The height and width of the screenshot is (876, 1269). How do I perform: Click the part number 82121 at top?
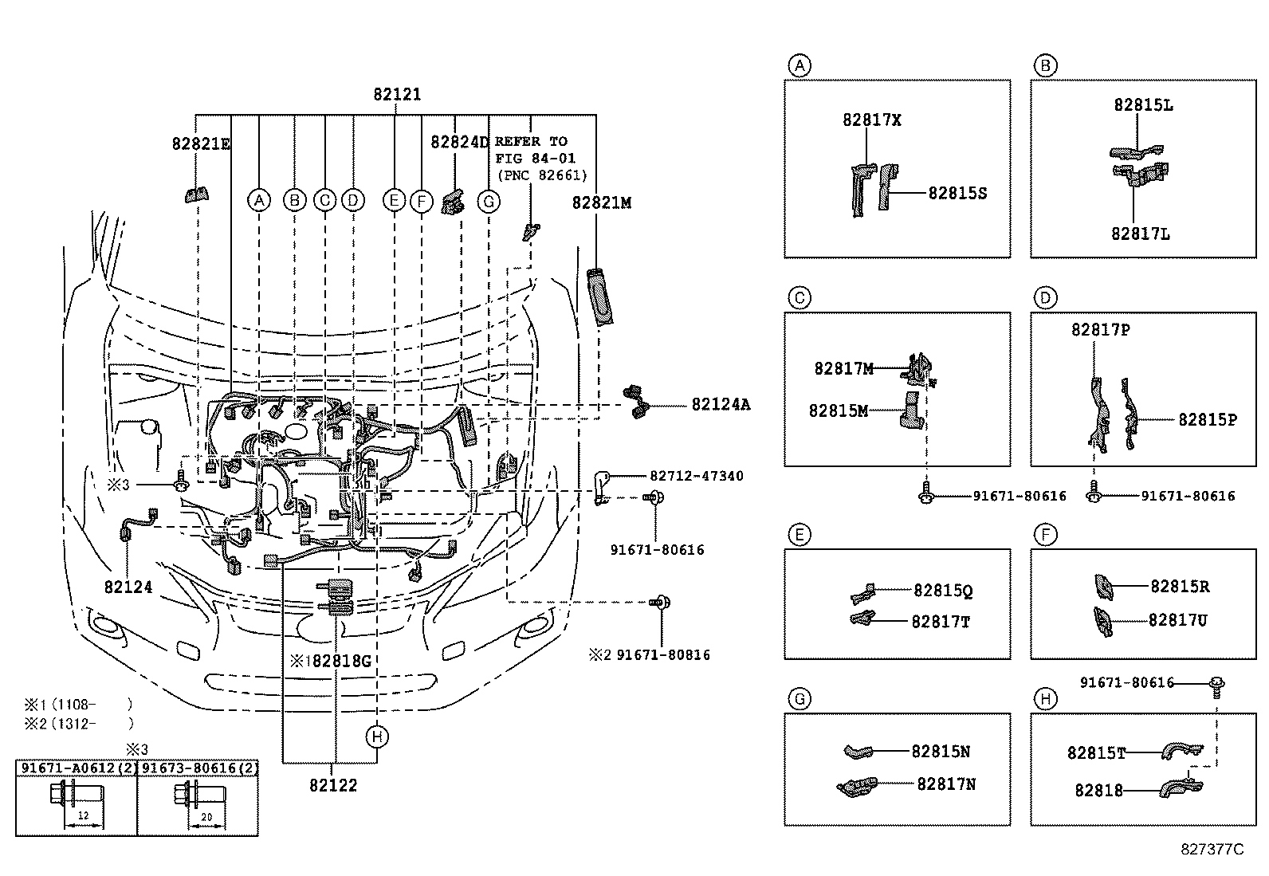coord(397,94)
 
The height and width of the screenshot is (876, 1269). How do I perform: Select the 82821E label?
coord(201,143)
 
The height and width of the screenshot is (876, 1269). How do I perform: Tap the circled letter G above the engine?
coord(489,201)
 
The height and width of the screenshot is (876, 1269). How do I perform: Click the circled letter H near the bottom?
coord(378,737)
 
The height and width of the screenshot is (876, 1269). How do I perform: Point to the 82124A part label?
coord(721,405)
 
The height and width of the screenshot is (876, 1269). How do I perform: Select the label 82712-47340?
coord(696,476)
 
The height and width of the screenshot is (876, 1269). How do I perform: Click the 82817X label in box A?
coord(872,120)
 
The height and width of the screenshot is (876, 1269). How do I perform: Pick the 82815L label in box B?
coord(1143,105)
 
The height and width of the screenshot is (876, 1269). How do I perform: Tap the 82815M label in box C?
coord(839,411)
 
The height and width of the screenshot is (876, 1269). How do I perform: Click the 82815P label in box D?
coord(1208,419)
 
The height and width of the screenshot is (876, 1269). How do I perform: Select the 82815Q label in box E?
coord(943,591)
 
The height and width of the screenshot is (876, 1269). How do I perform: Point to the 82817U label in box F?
coord(1177,620)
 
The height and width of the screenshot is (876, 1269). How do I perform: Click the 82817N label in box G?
coord(946,784)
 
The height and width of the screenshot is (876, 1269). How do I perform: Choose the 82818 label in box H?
coord(1098,791)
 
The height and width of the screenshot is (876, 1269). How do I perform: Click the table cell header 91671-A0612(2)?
coord(77,768)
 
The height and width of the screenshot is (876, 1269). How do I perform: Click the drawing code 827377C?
coord(1212,850)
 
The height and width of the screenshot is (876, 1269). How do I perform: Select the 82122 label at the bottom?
coord(333,785)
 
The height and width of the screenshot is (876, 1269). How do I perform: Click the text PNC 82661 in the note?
coord(541,175)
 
